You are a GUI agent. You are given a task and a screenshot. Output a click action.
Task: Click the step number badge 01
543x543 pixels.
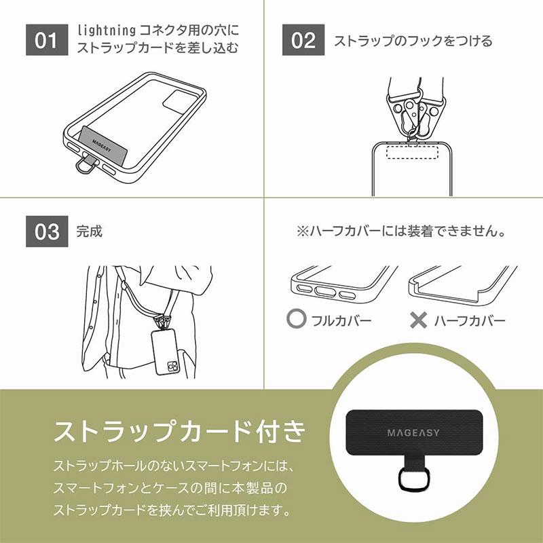47,40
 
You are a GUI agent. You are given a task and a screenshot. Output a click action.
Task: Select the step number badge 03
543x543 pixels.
47,231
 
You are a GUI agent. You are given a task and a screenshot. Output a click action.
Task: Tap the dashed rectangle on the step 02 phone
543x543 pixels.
411,151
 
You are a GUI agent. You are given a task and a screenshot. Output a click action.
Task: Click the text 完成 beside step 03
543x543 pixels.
90,231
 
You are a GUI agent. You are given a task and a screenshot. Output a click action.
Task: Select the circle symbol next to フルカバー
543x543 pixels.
296,319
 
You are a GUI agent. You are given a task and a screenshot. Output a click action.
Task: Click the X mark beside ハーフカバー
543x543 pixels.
419,319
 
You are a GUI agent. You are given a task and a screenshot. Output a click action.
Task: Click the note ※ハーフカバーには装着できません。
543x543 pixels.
402,231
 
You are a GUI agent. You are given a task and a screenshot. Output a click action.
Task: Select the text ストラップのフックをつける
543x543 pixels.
413,41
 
